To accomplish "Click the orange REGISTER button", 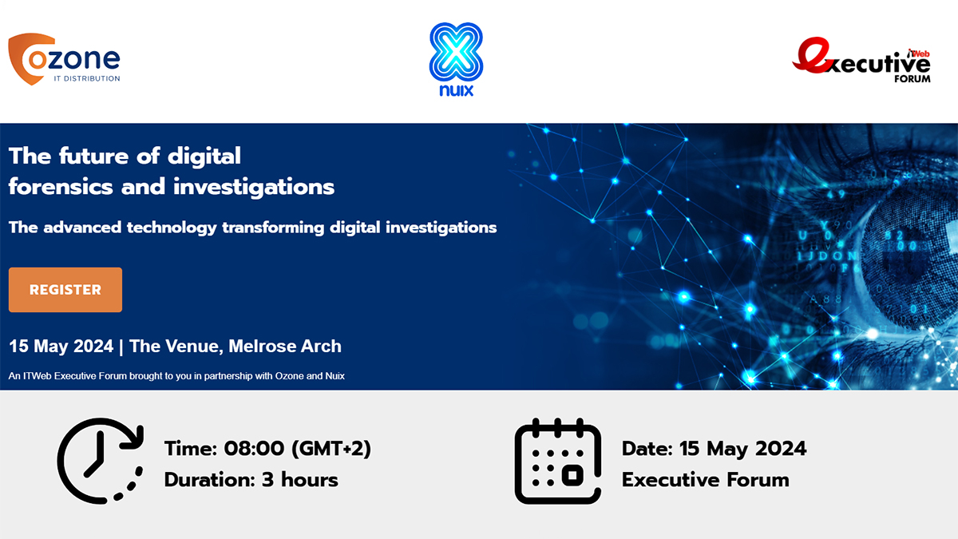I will (65, 290).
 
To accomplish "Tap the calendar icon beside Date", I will (557, 462).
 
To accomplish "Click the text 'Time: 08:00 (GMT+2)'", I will (267, 449).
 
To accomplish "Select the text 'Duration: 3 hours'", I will (251, 480).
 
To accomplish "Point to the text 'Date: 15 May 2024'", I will (714, 449).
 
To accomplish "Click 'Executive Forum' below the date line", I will (705, 480).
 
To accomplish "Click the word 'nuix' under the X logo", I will (457, 90).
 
